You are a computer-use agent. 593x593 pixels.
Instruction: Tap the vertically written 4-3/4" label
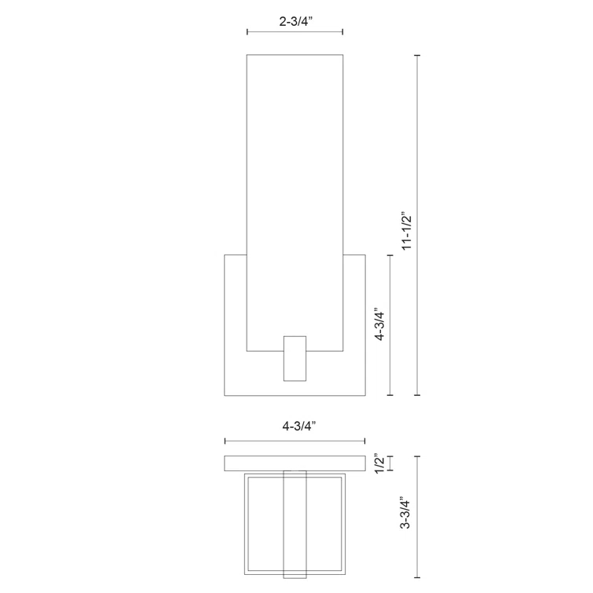[380, 324]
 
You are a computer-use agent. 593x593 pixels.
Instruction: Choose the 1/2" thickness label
[380, 463]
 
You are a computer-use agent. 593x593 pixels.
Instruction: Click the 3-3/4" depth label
[405, 513]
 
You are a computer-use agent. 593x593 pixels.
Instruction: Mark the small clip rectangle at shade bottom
[295, 358]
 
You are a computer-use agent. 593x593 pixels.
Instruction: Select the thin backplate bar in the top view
[295, 463]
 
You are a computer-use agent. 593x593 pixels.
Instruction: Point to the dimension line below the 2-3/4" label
[295, 32]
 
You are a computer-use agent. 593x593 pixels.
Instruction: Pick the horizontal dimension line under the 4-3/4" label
[295, 441]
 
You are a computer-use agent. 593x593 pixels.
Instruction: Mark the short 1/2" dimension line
[391, 463]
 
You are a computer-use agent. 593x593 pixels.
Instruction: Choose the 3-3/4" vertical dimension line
[417, 518]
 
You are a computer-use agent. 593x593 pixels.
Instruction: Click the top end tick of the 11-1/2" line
[417, 56]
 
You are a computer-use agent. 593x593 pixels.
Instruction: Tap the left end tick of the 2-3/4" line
[247, 32]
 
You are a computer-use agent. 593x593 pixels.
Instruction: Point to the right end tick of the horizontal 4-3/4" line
[365, 441]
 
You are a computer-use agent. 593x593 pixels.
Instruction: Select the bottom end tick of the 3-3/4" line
[417, 580]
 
